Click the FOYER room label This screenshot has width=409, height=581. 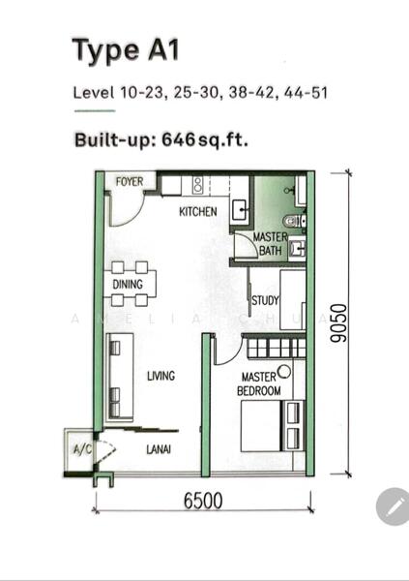click(130, 182)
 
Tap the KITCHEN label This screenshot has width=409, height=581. click(198, 211)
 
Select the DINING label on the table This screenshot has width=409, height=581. click(128, 284)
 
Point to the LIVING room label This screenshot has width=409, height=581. click(161, 376)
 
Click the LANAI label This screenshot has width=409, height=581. click(159, 449)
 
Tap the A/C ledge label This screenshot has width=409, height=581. click(82, 449)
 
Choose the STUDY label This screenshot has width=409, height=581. click(265, 300)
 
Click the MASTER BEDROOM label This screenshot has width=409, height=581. click(259, 383)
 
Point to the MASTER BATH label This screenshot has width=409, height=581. click(270, 243)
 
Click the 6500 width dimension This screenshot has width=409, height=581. click(203, 501)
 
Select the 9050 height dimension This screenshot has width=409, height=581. click(339, 323)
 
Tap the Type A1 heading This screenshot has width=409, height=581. click(126, 50)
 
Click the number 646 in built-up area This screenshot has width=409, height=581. click(178, 139)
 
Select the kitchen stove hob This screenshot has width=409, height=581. click(198, 185)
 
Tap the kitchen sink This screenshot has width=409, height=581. click(240, 210)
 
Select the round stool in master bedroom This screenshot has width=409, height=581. click(284, 372)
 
